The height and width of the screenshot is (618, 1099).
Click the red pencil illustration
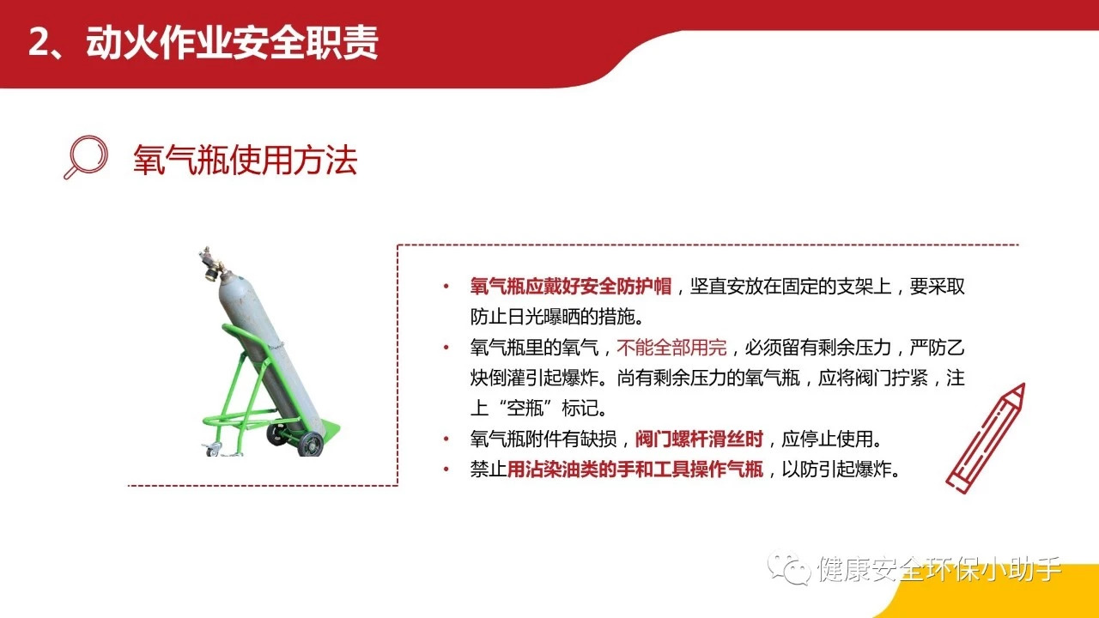[x=987, y=438]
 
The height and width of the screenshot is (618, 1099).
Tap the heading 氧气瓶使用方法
[x=245, y=160]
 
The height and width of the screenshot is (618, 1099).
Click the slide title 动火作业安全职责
[x=232, y=43]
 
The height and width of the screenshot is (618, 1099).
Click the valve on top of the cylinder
[x=211, y=264]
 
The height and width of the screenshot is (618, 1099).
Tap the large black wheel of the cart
[x=311, y=444]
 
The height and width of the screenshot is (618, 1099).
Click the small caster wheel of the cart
[x=214, y=449]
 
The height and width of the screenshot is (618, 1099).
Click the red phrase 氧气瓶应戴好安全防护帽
[x=571, y=287]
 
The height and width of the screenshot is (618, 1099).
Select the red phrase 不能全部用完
[x=671, y=348]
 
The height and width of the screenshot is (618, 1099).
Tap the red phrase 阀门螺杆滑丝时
[x=699, y=439]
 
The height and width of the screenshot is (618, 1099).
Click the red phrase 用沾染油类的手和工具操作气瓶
[x=635, y=470]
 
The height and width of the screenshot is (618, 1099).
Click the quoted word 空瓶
[x=525, y=409]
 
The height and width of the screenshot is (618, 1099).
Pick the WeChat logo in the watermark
[x=789, y=568]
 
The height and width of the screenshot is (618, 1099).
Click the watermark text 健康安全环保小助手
[x=939, y=569]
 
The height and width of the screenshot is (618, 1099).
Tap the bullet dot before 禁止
[x=446, y=470]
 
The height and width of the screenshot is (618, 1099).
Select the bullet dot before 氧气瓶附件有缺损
[x=446, y=439]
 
